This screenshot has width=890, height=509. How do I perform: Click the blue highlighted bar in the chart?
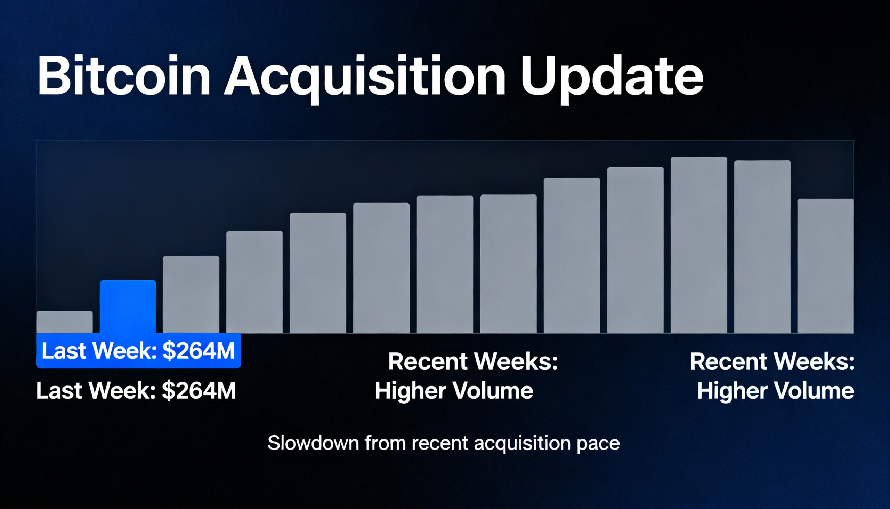click(x=128, y=307)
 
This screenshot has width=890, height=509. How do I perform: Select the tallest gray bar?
click(x=699, y=245)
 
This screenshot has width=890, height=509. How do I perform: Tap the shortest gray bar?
click(x=65, y=322)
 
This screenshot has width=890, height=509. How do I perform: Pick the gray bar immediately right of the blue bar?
click(x=191, y=294)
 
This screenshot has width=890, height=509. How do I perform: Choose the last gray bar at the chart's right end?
click(x=826, y=266)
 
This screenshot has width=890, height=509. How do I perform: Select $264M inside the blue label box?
click(x=199, y=351)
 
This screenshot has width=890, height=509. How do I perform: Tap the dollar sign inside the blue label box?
click(x=169, y=351)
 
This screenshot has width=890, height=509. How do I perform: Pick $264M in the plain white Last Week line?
click(x=199, y=390)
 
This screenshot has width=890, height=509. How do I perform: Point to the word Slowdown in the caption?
click(x=313, y=443)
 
